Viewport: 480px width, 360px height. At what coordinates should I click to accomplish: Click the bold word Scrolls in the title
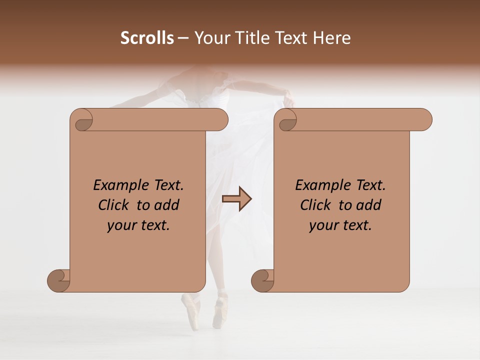point(147,38)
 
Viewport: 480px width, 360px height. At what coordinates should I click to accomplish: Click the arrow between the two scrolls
point(236,199)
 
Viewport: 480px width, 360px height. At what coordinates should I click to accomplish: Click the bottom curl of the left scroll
point(59,279)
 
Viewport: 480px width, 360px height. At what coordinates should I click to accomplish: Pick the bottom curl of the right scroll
point(263,279)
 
